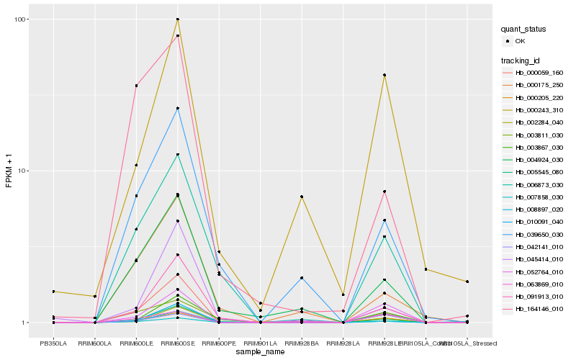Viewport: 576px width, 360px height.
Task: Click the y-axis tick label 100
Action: tap(19, 19)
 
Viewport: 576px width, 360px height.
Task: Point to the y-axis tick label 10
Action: tap(21, 171)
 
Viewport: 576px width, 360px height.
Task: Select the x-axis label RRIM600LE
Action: tap(136, 343)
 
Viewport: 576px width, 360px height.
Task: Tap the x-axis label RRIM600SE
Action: tap(178, 343)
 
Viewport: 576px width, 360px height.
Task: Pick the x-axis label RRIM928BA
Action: tap(302, 343)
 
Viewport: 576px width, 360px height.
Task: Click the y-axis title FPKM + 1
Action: tap(9, 171)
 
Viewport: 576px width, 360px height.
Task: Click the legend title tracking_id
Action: tap(522, 59)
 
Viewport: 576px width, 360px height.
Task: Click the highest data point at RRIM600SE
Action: tap(178, 19)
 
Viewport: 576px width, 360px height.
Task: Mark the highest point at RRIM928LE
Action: tap(384, 75)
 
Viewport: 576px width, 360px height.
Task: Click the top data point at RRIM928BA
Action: tap(302, 197)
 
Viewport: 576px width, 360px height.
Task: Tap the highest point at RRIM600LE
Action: tap(136, 86)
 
